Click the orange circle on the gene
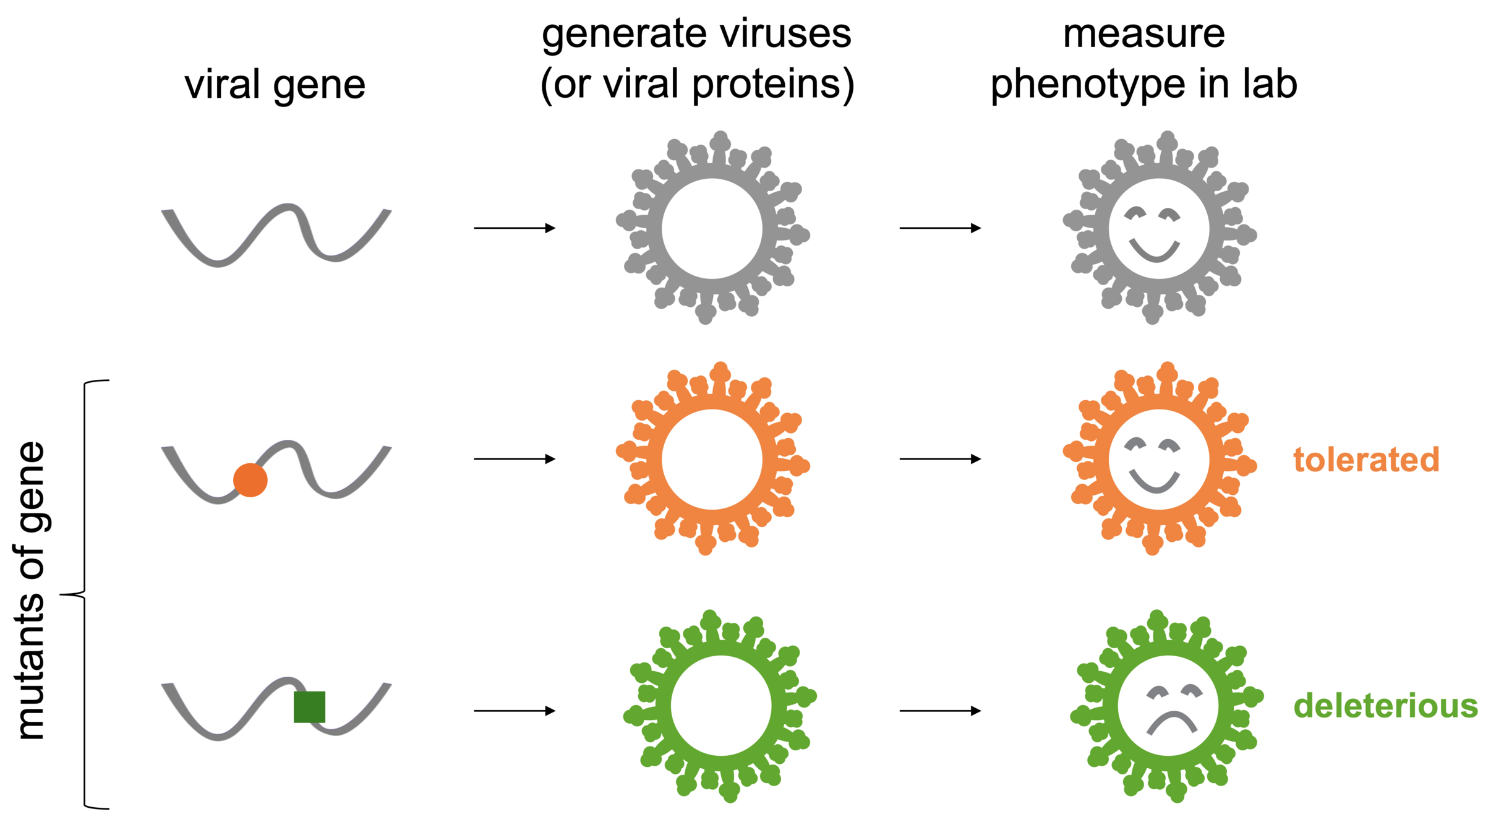tap(250, 480)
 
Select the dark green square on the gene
tap(309, 707)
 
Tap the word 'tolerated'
tap(1366, 460)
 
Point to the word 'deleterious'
tap(1385, 706)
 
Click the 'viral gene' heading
tap(275, 85)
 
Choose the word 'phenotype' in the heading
tap(1089, 85)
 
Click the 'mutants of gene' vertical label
tap(31, 591)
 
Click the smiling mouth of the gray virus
tap(1155, 250)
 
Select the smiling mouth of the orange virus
tap(1155, 481)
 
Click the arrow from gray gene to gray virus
tap(515, 228)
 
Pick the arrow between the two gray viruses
tap(940, 228)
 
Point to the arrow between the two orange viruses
tap(940, 459)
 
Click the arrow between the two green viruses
tap(940, 711)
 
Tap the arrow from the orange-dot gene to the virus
tap(515, 459)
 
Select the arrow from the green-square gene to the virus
tap(515, 711)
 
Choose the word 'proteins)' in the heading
tap(773, 85)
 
